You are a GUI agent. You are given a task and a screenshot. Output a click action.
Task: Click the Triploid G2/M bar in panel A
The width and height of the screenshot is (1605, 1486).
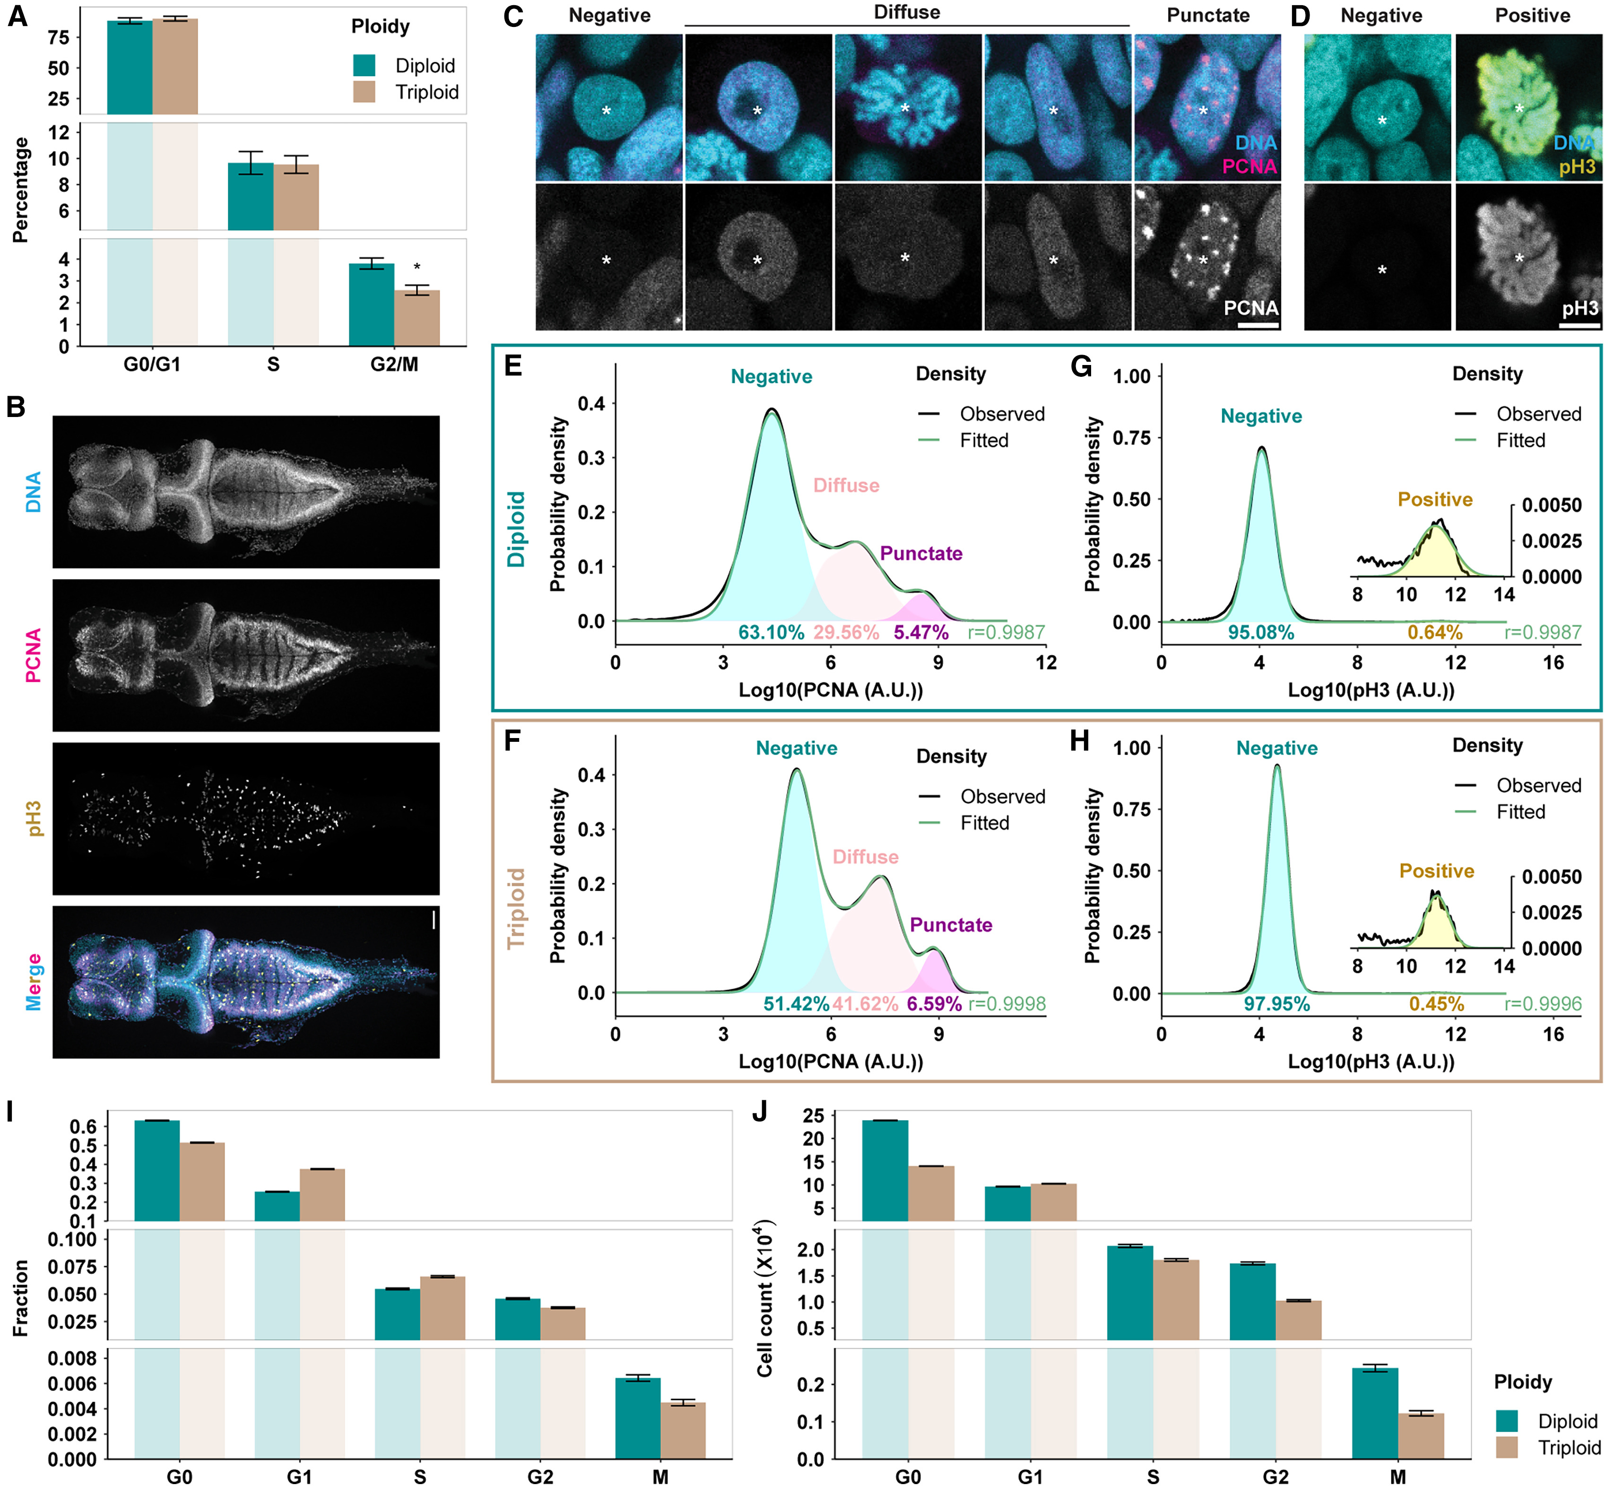pos(416,318)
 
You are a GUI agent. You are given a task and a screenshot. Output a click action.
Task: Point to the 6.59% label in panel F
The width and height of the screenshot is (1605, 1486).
pos(934,1004)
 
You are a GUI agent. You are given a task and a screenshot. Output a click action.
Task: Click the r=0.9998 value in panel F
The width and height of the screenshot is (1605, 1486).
pos(1007,1004)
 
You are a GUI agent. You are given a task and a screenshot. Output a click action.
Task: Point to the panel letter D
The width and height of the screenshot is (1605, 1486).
pos(1300,16)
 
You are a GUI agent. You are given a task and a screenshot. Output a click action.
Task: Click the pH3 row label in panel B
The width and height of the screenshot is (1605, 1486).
pos(34,818)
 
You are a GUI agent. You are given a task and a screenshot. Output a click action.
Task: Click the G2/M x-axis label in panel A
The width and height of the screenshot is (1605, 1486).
pos(394,364)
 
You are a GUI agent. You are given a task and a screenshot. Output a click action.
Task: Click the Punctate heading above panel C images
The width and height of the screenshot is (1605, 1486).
pos(1208,15)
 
